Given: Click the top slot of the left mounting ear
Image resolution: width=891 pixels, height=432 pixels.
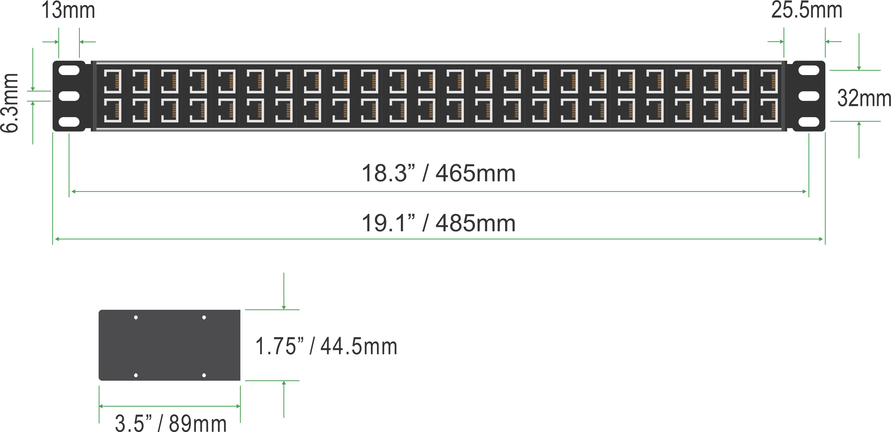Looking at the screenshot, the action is pyautogui.click(x=69, y=70).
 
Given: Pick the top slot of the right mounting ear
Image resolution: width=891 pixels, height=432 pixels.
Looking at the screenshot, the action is pyautogui.click(x=809, y=70).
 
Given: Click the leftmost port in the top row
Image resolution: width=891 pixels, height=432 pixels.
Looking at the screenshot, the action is pyautogui.click(x=112, y=81).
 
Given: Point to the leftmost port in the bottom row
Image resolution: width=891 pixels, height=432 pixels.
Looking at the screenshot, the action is pyautogui.click(x=112, y=110).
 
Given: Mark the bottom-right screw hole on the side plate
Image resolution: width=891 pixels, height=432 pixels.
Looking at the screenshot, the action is pyautogui.click(x=204, y=375).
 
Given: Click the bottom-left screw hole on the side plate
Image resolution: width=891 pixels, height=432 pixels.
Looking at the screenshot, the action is pyautogui.click(x=136, y=375).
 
